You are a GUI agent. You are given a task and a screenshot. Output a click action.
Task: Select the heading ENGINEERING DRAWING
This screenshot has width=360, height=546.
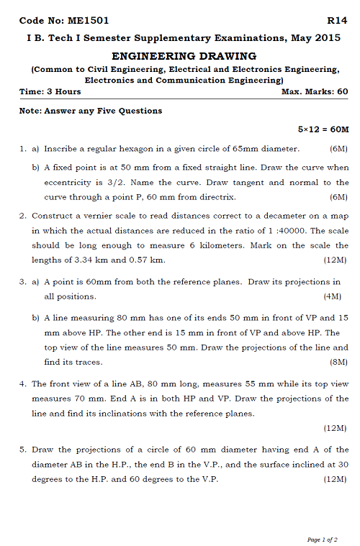(x=184, y=55)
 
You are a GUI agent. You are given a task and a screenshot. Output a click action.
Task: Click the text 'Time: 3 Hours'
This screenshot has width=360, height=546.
(x=50, y=92)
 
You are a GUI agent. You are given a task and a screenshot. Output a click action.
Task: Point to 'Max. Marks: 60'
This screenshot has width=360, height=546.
(x=315, y=92)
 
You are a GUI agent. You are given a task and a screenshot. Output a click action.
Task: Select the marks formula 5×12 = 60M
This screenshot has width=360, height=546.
(x=323, y=129)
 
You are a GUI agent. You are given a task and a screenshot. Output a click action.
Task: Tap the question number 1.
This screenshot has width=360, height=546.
(x=23, y=149)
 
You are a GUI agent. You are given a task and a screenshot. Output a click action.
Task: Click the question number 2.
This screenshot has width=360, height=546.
(x=23, y=215)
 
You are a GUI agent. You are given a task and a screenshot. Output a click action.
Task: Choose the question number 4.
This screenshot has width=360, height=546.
(x=23, y=384)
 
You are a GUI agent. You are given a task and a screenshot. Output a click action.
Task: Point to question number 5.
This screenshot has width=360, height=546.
(x=23, y=450)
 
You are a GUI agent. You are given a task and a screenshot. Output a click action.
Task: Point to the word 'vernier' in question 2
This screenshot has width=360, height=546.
(x=99, y=215)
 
